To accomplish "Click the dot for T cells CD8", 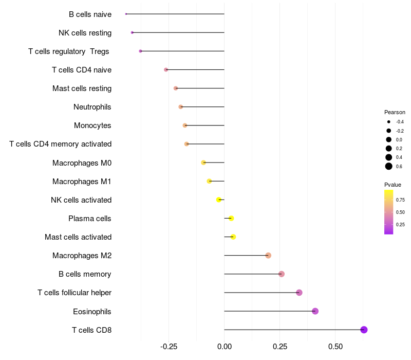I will [364, 330].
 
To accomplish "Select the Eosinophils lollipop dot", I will [315, 311].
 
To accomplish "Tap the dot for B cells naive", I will [126, 14].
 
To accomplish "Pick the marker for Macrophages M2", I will [268, 256].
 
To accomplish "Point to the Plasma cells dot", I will [231, 219].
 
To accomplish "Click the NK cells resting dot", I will [132, 32].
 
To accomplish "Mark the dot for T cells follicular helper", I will [299, 293].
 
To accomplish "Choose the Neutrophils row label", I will [92, 107].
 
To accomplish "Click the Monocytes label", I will [92, 125].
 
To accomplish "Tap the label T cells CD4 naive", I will [82, 70].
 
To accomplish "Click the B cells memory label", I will [85, 274].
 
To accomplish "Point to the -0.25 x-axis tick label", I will [169, 347].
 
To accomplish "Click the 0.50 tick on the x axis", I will [335, 347].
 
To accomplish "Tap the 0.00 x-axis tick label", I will [225, 347].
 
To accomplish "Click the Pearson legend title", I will [395, 112].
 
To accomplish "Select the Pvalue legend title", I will [393, 185].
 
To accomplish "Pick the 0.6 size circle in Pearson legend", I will [389, 166].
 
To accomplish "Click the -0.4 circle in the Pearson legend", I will [389, 122].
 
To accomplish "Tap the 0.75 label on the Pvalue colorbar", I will [401, 200].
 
